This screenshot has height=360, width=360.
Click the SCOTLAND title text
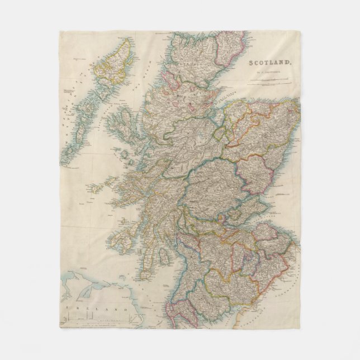point(269,63)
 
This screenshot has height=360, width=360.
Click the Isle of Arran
point(164,257)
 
